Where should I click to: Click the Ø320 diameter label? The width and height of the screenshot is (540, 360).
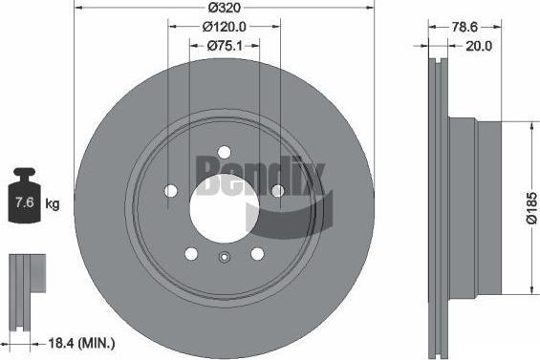[x=224, y=8]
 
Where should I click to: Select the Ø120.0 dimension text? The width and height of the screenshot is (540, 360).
[x=225, y=27]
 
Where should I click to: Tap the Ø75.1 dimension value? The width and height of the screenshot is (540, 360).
[x=225, y=46]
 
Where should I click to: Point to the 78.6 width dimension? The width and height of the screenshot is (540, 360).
[x=464, y=27]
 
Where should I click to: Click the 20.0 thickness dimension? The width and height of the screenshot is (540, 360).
[x=479, y=46]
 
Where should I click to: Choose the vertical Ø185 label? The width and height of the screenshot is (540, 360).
[x=531, y=208]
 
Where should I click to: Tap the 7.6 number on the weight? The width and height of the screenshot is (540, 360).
[x=25, y=202]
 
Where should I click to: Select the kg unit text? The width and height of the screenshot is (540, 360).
[x=53, y=204]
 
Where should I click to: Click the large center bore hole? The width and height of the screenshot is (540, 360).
[x=224, y=208]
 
